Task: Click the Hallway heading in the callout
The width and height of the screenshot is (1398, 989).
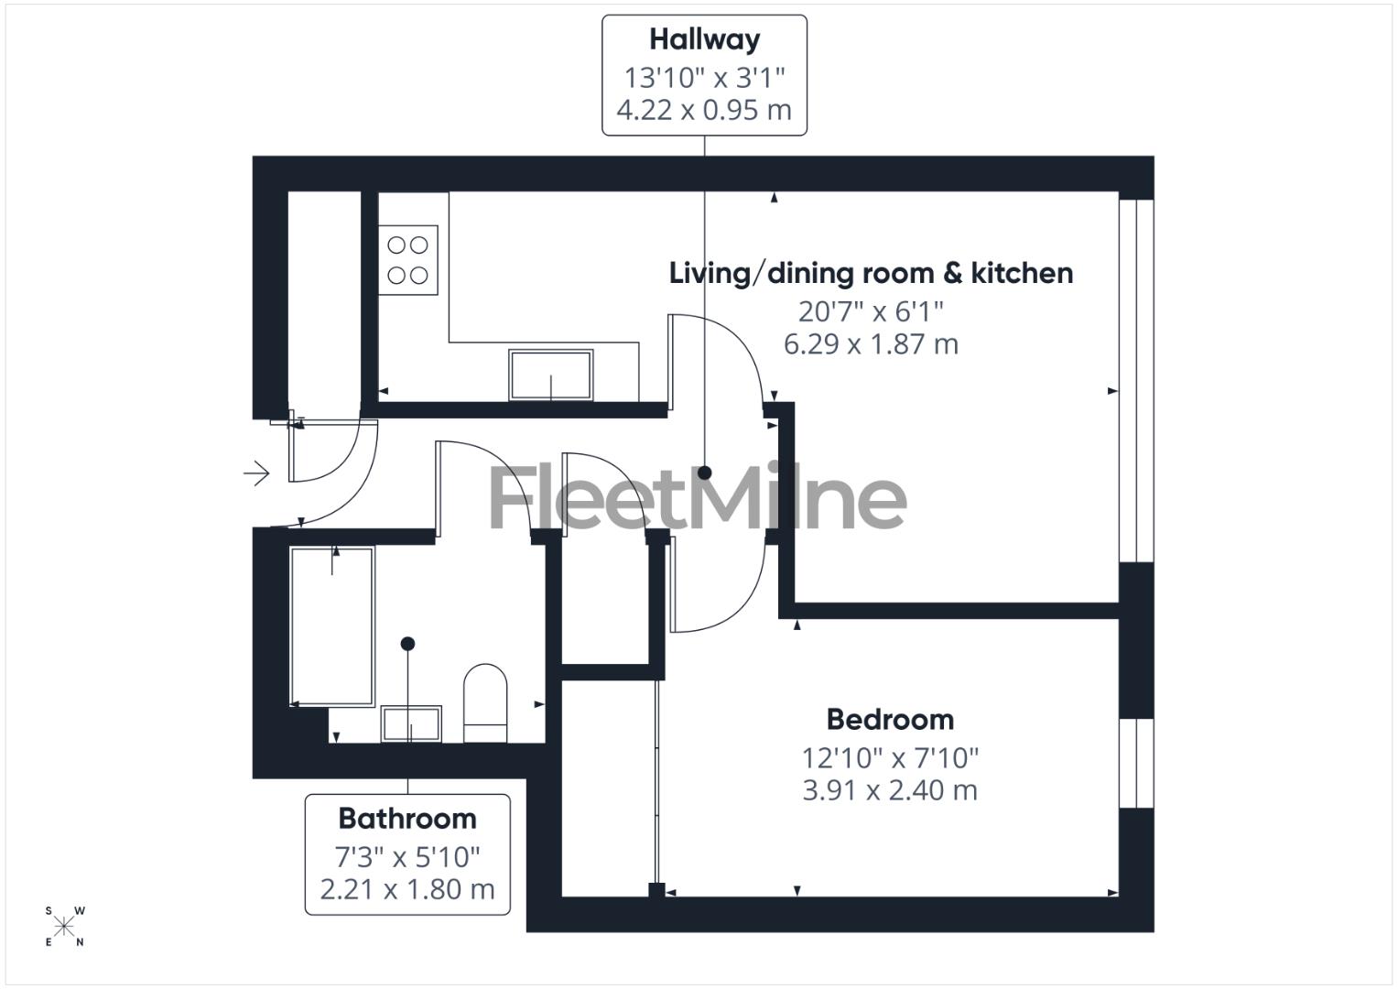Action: tap(704, 39)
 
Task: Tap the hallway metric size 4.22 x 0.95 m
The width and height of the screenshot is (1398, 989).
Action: tap(704, 110)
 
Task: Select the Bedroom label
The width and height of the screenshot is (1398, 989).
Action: tap(890, 720)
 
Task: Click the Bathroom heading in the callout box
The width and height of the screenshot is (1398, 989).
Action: tap(407, 818)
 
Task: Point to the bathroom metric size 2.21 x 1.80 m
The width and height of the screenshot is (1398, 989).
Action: tap(407, 888)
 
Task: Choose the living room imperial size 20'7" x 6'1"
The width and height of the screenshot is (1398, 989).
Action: tap(871, 311)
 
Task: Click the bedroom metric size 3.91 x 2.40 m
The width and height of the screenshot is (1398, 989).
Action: tap(890, 790)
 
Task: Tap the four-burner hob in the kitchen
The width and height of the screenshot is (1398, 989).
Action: tap(408, 260)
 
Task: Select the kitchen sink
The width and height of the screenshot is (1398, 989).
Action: tap(550, 375)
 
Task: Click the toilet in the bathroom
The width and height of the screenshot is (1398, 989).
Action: tap(485, 701)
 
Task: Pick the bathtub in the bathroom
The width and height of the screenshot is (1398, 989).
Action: tap(332, 626)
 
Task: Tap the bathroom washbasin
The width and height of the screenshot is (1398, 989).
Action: tap(412, 723)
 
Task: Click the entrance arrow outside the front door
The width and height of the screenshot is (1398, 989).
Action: tap(256, 473)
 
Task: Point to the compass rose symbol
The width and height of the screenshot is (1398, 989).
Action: tap(64, 927)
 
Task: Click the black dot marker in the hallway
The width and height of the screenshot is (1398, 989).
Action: tap(705, 473)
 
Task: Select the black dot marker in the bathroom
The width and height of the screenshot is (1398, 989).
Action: tap(408, 644)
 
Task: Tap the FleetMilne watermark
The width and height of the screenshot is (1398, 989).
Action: tap(698, 498)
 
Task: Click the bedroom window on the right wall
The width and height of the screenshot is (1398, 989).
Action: tap(1136, 764)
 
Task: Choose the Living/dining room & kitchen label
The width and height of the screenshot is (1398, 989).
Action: tap(871, 273)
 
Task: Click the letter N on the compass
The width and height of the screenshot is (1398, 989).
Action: tap(81, 942)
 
